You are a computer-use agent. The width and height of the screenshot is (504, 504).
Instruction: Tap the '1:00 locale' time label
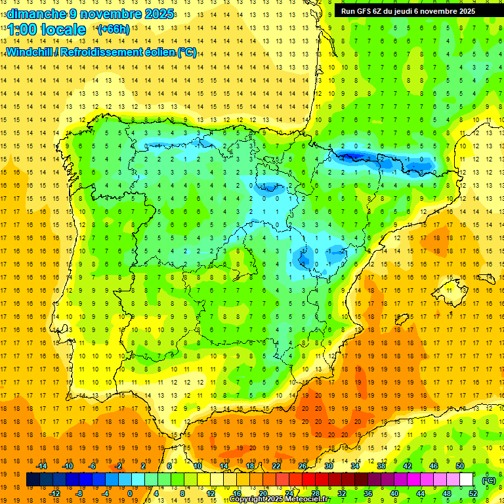point(47,30)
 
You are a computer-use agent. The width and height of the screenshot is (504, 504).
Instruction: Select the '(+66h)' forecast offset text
point(113,29)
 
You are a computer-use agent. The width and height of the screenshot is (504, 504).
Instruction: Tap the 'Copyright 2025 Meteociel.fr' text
point(280,499)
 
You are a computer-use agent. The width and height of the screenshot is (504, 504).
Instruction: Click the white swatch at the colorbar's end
point(466,480)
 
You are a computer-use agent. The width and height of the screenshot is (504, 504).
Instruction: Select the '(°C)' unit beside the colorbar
point(488,480)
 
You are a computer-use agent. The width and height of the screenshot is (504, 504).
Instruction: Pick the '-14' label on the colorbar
point(42,466)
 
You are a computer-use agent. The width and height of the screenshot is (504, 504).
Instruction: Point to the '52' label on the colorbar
point(473,493)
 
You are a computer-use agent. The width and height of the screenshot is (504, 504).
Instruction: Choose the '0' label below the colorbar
point(130,493)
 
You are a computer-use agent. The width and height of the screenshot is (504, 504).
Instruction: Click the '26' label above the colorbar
point(303,466)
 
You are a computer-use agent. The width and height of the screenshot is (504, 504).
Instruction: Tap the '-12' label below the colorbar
point(54,493)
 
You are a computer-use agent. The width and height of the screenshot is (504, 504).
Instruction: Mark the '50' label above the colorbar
point(460,466)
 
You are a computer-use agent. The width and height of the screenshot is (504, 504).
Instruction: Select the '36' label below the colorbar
point(367,493)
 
